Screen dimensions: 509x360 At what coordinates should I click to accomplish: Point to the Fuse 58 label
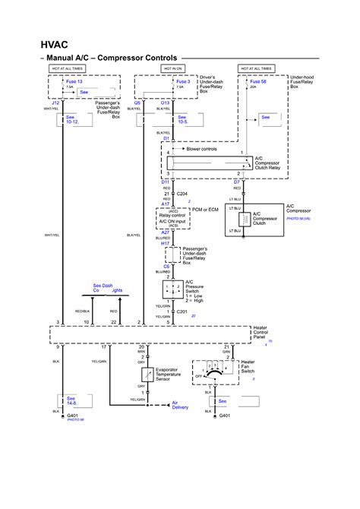point(259,81)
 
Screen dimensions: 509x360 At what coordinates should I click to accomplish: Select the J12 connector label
point(55,103)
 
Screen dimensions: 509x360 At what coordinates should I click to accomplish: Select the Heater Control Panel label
point(262,336)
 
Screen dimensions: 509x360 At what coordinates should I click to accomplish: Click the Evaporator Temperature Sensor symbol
point(142,376)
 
